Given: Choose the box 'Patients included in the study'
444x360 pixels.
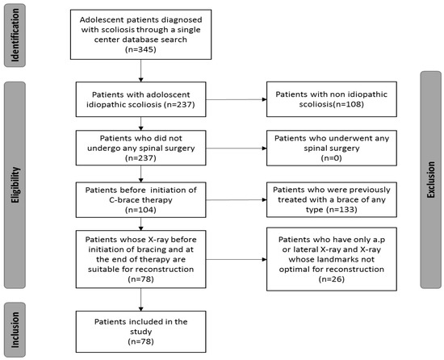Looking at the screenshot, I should point(141,329).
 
